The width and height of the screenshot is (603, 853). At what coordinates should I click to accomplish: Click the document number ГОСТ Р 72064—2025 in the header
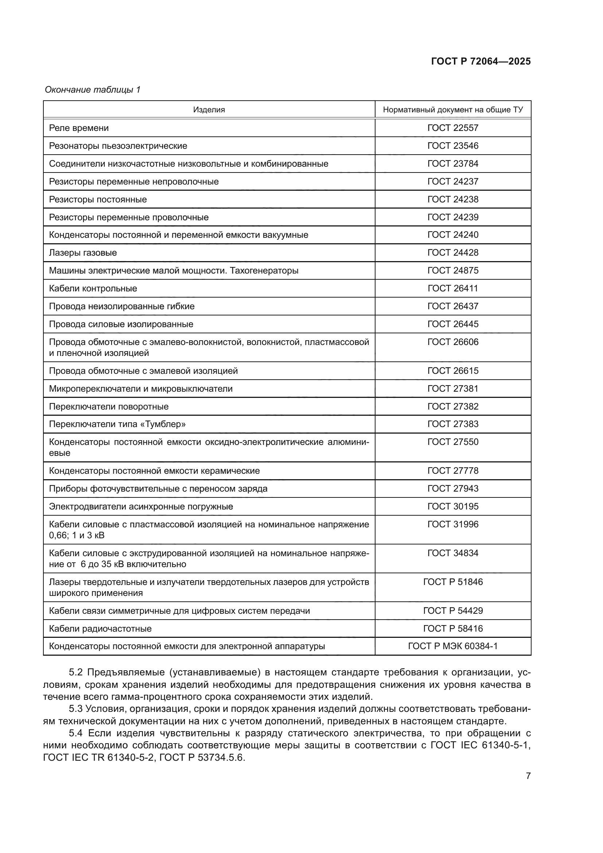click(481, 62)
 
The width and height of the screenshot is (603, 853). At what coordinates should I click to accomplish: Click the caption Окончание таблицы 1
click(93, 90)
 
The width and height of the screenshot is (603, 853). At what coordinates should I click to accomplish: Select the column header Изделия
click(209, 110)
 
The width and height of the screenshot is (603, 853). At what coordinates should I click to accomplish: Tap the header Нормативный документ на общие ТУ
click(453, 110)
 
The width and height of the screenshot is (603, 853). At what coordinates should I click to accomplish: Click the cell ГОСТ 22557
click(453, 128)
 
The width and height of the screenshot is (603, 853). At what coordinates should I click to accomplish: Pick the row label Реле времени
click(79, 128)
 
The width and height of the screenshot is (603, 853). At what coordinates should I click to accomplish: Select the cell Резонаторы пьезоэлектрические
click(118, 146)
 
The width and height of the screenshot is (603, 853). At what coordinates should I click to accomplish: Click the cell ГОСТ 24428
click(453, 253)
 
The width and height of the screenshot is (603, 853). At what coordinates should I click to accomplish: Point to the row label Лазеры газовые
click(83, 253)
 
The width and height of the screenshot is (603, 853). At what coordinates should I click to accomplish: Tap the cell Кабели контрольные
click(93, 289)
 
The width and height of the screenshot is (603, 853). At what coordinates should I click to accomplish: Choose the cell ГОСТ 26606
click(453, 342)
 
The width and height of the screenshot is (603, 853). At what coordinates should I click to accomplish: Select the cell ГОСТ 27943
click(453, 489)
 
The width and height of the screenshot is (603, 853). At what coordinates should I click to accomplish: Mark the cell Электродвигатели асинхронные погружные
click(141, 507)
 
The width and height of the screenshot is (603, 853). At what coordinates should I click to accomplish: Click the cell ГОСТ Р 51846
click(453, 582)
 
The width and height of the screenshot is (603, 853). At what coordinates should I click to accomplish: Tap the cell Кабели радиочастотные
click(100, 629)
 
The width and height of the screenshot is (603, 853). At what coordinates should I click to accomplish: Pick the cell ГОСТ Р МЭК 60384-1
click(453, 646)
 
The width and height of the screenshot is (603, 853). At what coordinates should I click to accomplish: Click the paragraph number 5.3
click(76, 709)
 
